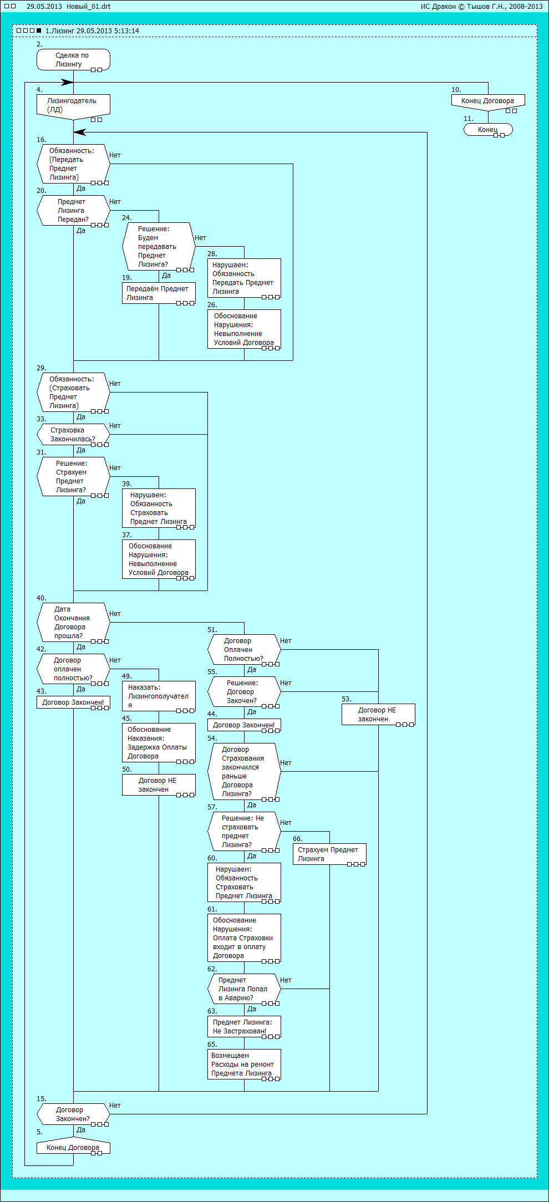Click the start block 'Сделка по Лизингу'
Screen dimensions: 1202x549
(x=73, y=60)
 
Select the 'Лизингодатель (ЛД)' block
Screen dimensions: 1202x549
(x=73, y=105)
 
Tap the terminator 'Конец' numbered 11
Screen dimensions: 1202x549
(x=488, y=130)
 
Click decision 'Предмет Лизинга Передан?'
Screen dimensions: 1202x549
(x=73, y=211)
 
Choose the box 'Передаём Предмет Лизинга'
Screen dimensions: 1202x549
(x=159, y=293)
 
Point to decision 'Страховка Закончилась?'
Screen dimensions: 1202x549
(x=73, y=435)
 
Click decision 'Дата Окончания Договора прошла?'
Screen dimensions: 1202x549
(x=73, y=623)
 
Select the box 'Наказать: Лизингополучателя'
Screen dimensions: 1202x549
(x=159, y=696)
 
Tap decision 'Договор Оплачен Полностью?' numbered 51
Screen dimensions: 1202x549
(x=244, y=650)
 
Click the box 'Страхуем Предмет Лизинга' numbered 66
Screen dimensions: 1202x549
(x=329, y=854)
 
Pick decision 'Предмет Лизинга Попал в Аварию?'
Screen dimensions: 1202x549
(x=244, y=989)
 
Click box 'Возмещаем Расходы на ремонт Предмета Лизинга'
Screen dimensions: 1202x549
(x=244, y=1065)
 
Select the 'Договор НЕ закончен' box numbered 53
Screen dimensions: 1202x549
(x=378, y=715)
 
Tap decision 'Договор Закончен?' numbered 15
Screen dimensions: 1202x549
(x=73, y=1114)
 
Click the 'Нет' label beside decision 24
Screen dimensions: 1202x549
(x=200, y=238)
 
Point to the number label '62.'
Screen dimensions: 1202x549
(x=212, y=969)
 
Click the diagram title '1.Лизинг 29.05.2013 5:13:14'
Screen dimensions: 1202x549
(x=92, y=31)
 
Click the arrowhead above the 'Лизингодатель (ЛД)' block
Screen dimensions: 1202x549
(x=67, y=83)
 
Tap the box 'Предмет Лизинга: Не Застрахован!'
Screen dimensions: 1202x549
(x=244, y=1027)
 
